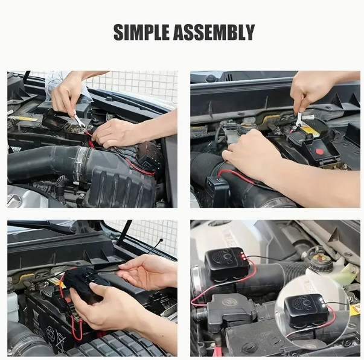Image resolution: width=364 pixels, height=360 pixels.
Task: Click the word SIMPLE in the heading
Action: coord(142,32)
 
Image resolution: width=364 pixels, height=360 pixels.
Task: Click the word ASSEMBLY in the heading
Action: coord(214,32)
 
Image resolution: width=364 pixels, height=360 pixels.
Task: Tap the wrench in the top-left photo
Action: coord(78,120)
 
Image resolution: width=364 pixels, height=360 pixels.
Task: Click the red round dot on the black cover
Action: coord(320,152)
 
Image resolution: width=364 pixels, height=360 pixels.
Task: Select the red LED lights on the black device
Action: coord(243,254)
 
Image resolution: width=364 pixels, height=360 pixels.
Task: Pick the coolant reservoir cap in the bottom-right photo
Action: coord(321,261)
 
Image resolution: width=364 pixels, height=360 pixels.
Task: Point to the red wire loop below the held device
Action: coord(77,327)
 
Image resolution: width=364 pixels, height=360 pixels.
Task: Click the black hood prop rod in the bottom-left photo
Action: coord(124,233)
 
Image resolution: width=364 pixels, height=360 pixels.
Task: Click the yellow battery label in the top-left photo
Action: coord(23,119)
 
